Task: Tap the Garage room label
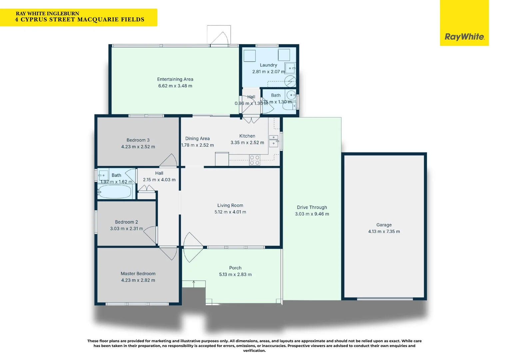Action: point(384,225)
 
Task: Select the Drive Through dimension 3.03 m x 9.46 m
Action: point(312,214)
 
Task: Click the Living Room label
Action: point(230,205)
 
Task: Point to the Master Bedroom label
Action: point(138,274)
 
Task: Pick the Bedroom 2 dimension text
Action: point(127,229)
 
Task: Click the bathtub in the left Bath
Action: point(115,192)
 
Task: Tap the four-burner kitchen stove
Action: point(254,160)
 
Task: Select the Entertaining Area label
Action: point(175,79)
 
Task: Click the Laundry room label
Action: point(268,65)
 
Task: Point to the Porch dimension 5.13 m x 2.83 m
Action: point(235,274)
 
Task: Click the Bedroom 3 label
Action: point(138,140)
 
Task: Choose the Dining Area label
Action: point(197,138)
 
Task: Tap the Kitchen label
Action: point(247,136)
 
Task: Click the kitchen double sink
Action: point(273,141)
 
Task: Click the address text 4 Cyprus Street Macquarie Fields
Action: point(80,20)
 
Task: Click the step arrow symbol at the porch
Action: point(194,284)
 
